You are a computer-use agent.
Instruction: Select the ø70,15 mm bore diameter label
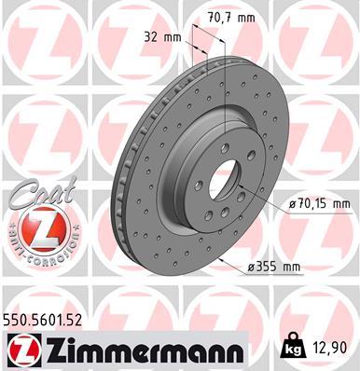(317, 203)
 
